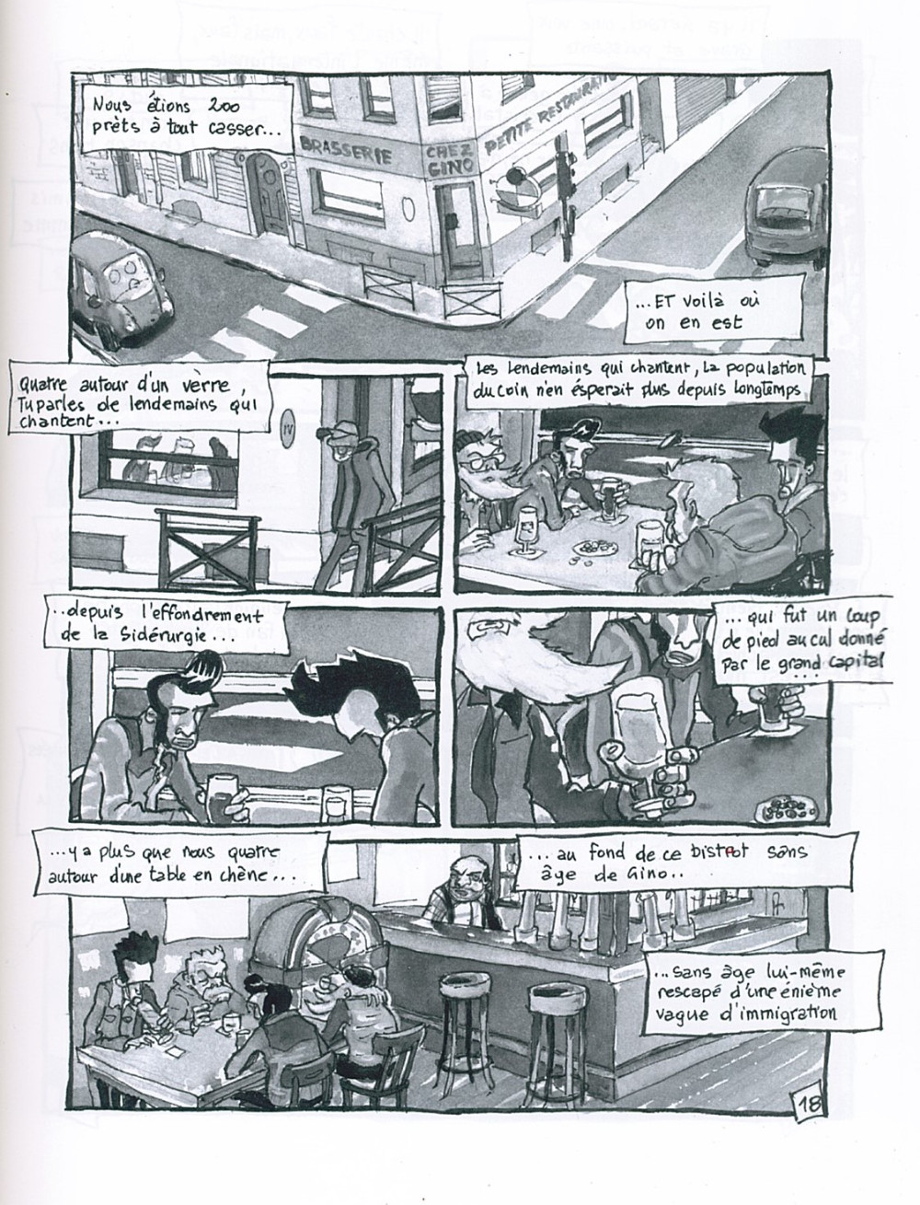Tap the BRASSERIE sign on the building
pos(347,150)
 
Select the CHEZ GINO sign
pos(449,160)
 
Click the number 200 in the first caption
pos(220,106)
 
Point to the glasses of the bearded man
pos(479,466)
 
